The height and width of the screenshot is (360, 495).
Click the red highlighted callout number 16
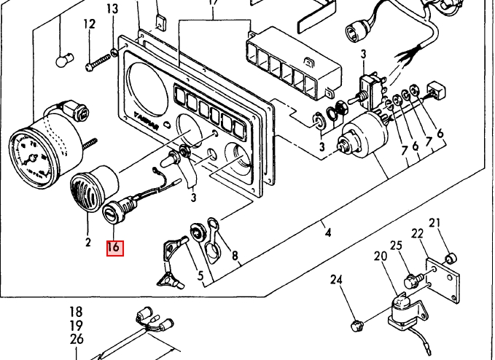coord(114,247)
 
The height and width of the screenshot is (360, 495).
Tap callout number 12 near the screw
coord(89,25)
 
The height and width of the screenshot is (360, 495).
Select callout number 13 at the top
coord(112,9)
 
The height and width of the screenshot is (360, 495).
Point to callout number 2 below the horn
coord(87,241)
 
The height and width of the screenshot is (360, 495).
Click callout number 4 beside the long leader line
coord(327,233)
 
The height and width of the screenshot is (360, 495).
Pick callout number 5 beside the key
coord(200,275)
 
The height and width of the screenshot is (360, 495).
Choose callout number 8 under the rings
coord(235,256)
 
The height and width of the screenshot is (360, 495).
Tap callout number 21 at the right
coord(434,223)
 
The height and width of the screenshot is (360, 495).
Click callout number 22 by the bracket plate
coord(417,233)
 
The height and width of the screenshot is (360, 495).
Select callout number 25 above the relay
coord(397,246)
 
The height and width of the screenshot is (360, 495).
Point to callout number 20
coord(380,256)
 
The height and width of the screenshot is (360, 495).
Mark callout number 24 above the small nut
coord(336,279)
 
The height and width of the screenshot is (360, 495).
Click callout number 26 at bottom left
coord(77,340)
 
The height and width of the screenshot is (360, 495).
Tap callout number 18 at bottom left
coord(77,313)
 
